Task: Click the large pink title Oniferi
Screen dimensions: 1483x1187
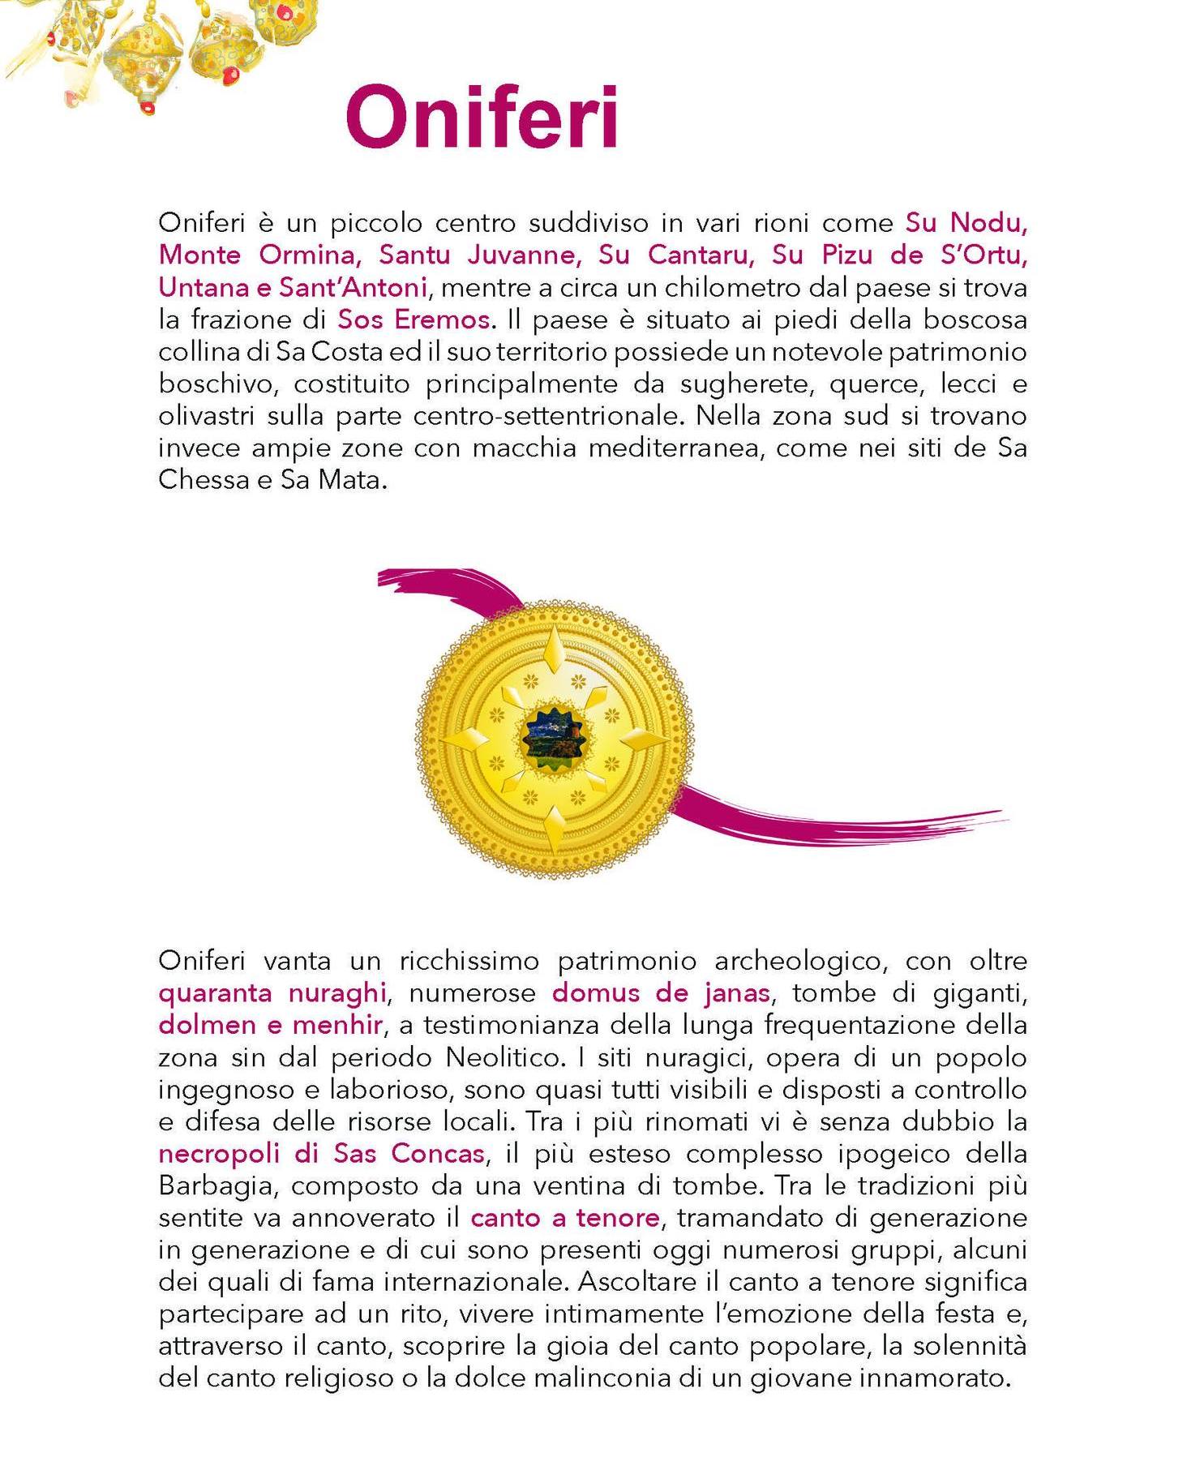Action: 482,119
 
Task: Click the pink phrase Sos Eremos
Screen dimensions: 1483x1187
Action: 414,319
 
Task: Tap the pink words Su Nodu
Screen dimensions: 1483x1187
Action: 966,222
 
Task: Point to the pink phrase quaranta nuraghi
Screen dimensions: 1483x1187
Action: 272,992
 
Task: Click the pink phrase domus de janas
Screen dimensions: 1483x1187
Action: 662,992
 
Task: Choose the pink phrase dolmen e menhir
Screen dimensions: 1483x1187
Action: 270,1025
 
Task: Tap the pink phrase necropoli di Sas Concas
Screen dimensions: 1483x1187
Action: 322,1153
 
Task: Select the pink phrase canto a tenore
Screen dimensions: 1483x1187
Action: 565,1218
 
